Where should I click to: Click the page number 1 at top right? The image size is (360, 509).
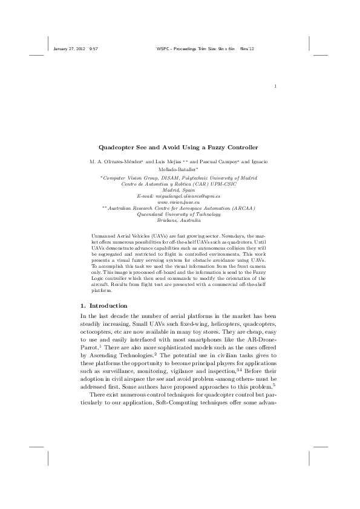coord(275,85)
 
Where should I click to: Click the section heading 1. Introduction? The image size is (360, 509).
coord(103,305)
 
